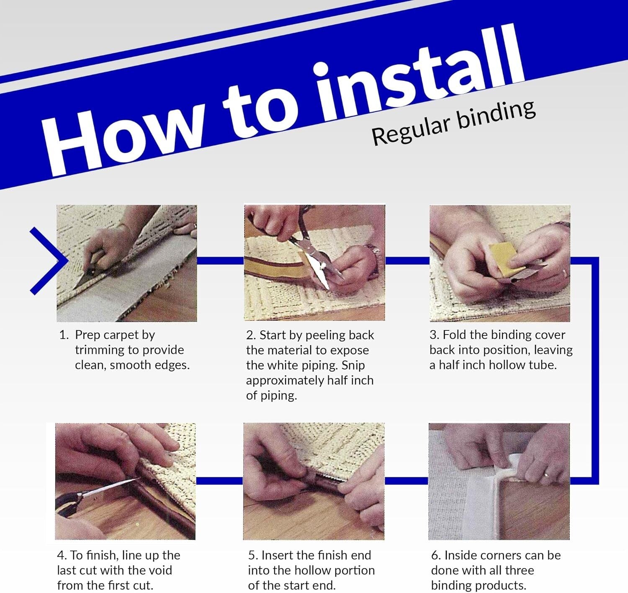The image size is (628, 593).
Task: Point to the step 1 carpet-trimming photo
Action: click(x=126, y=263)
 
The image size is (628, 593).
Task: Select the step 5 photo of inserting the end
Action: click(x=314, y=481)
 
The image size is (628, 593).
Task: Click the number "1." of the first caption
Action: click(x=64, y=335)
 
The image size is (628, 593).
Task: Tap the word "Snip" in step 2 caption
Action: click(x=353, y=366)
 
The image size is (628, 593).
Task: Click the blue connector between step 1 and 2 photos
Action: click(x=220, y=261)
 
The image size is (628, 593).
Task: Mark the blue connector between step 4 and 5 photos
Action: click(x=219, y=481)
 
